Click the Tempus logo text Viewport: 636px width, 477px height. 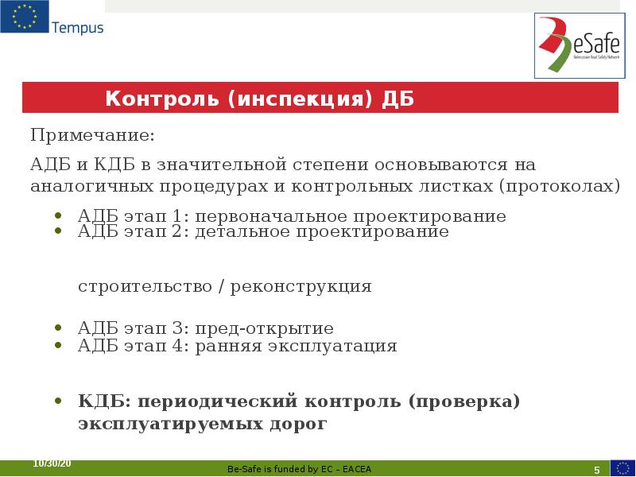click(77, 28)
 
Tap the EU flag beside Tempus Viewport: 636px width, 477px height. click(24, 17)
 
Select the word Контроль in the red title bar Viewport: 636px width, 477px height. click(162, 99)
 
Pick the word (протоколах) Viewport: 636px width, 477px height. click(560, 186)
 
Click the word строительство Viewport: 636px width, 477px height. click(143, 286)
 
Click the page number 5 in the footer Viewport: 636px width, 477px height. click(596, 468)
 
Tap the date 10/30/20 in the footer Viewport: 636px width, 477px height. click(52, 463)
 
